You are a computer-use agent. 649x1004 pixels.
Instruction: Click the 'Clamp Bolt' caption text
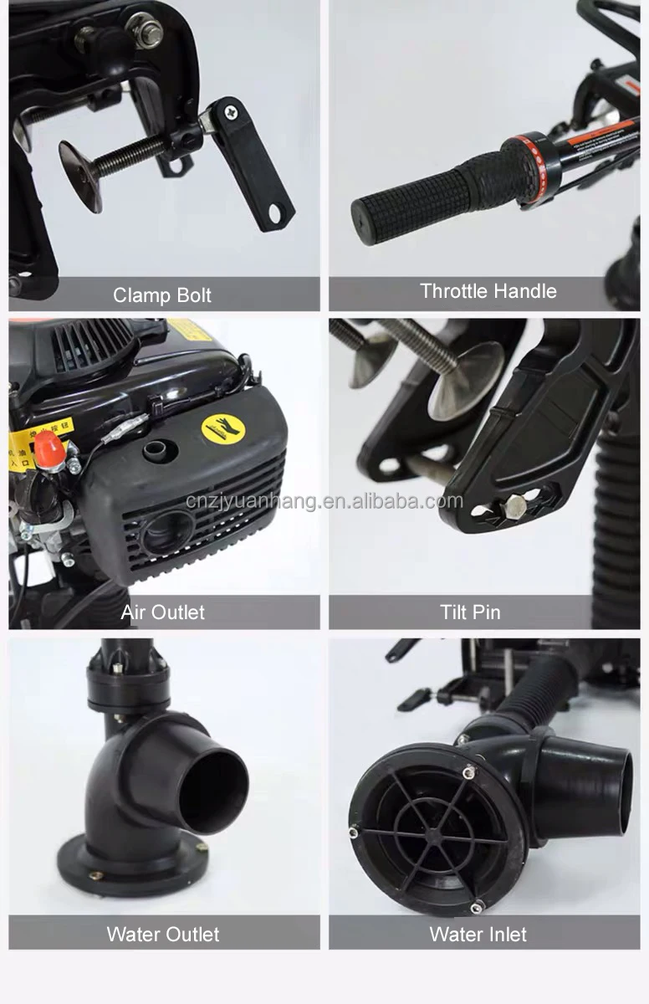162,295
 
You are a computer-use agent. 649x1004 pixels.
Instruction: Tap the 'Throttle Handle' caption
488,291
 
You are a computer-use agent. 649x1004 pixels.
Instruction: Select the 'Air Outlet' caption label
162,612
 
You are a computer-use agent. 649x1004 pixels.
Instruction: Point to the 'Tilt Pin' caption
470,612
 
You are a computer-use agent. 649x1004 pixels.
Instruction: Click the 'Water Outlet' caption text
163,935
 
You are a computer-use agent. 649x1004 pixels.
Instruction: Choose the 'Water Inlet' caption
478,935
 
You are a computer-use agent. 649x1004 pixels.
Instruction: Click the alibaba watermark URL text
324,501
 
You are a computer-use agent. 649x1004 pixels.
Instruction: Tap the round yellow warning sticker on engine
223,428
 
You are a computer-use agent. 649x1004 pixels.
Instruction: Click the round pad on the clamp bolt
79,177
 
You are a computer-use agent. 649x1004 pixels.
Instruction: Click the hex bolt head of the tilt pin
514,505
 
